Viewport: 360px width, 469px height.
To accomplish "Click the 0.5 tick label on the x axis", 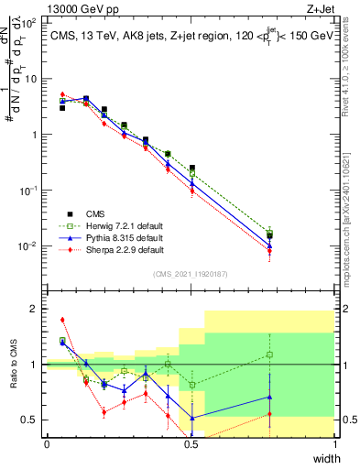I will [191, 444].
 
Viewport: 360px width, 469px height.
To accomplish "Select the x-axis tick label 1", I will [335, 444].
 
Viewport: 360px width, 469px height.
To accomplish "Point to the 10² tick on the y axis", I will [29, 22].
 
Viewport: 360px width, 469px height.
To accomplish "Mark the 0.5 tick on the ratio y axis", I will [30, 420].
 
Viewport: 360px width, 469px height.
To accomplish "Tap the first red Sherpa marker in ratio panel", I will [62, 320].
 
